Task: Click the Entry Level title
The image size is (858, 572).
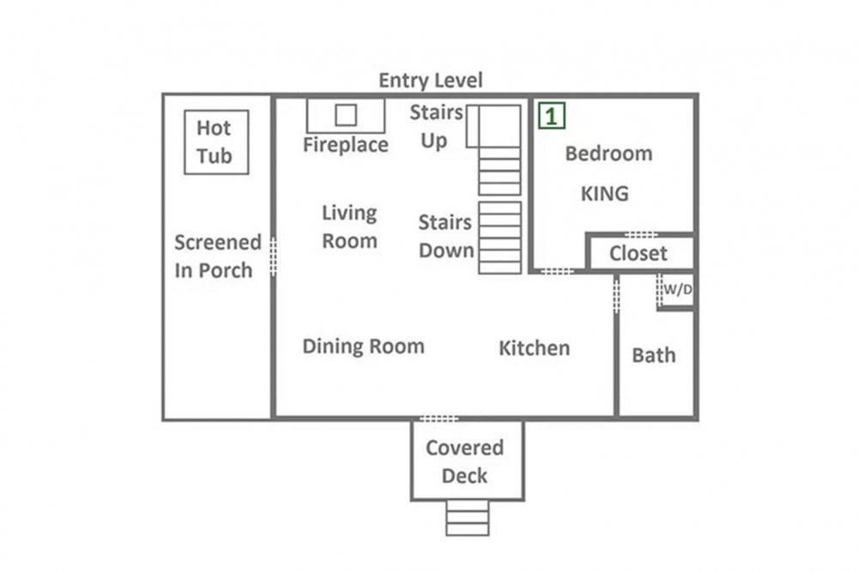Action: [x=431, y=81]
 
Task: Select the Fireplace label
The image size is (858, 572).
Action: [x=346, y=145]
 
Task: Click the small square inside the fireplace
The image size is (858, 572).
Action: [x=346, y=116]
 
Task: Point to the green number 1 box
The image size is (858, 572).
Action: [x=552, y=116]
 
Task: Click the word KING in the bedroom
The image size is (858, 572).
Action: [x=605, y=194]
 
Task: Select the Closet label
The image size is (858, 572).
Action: [x=638, y=254]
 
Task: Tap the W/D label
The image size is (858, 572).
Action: [x=678, y=289]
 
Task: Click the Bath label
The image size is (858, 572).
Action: [x=654, y=355]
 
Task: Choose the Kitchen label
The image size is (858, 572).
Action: [x=535, y=348]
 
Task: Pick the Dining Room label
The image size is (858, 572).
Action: [x=363, y=346]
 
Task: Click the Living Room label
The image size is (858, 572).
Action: [x=350, y=227]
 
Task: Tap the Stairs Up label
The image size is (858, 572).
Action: [x=436, y=126]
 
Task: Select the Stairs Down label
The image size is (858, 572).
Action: [x=446, y=236]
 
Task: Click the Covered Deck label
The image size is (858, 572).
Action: [x=464, y=461]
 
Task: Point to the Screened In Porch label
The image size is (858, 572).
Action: [x=218, y=256]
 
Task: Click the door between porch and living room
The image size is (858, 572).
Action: [x=273, y=256]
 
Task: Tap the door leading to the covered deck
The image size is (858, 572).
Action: [x=438, y=418]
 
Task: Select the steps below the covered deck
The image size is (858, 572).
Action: [x=468, y=518]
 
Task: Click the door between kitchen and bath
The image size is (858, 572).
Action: [x=617, y=295]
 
